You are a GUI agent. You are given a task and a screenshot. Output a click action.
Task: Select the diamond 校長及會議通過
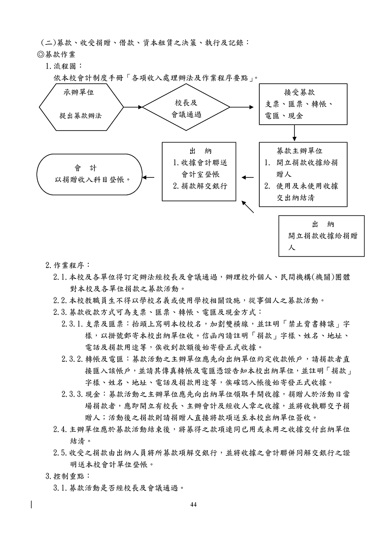pyautogui.click(x=186, y=107)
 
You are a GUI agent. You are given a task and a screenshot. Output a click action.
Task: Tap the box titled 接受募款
pyautogui.click(x=297, y=104)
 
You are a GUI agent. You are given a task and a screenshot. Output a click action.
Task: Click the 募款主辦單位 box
pyautogui.click(x=297, y=174)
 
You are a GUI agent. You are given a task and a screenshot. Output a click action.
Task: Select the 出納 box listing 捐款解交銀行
pyautogui.click(x=199, y=172)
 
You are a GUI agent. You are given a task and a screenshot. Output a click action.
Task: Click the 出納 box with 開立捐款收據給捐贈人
pyautogui.click(x=321, y=236)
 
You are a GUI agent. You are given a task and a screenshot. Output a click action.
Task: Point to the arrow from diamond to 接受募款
pyautogui.click(x=242, y=107)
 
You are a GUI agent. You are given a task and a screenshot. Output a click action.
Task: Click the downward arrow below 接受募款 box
pyautogui.click(x=295, y=133)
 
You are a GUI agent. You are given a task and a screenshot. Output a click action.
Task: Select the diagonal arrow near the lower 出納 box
pyautogui.click(x=248, y=207)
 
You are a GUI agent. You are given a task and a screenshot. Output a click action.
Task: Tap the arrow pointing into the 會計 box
pyautogui.click(x=148, y=178)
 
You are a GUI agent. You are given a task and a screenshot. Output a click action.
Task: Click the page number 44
pyautogui.click(x=193, y=504)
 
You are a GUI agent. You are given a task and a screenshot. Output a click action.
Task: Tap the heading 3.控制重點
pyautogui.click(x=68, y=476)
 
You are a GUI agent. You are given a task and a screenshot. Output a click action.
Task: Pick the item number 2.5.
pyautogui.click(x=61, y=453)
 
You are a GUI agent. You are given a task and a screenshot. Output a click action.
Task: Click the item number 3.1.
pyautogui.click(x=61, y=488)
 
